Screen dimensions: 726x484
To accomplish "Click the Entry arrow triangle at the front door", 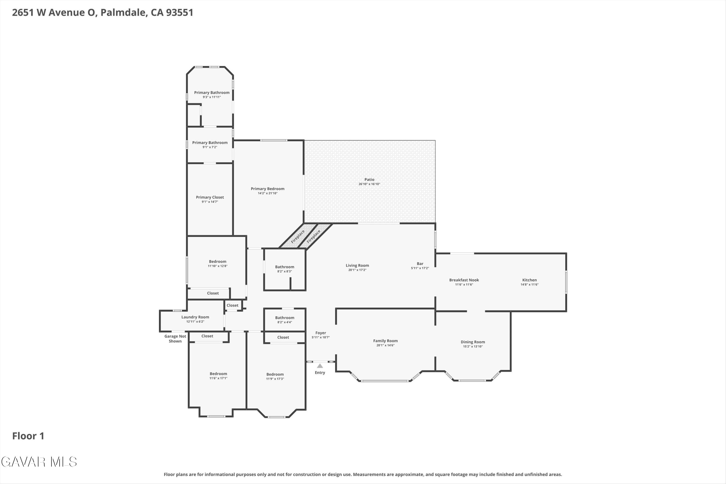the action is pos(320,366).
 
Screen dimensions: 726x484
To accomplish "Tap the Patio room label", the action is pos(369,179).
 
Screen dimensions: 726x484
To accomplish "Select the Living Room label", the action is pos(357,265).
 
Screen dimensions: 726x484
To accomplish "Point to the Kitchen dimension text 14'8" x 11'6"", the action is pos(529,285).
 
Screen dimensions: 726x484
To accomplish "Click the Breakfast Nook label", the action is pos(464,280).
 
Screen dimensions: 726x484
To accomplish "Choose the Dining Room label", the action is pos(473,342).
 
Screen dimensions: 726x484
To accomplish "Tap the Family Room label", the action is pos(385,341).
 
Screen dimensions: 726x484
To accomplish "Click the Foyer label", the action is pos(321,333).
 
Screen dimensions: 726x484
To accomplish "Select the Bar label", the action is pos(420,264).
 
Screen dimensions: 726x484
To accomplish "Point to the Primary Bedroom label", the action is pos(268,189).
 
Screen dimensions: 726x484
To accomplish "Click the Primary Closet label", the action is pos(210,197).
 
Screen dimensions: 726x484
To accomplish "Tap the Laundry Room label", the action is pos(195,317).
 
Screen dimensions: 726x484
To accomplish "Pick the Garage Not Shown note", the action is pos(175,339).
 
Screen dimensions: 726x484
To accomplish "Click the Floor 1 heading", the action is pos(28,436).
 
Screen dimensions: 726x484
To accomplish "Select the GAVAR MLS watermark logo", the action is pos(39,462).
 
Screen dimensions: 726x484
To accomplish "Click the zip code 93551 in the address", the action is pos(180,12).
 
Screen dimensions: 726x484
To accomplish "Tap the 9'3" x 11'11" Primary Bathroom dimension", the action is pos(212,97).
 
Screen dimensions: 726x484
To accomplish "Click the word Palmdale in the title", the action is pos(123,12).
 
